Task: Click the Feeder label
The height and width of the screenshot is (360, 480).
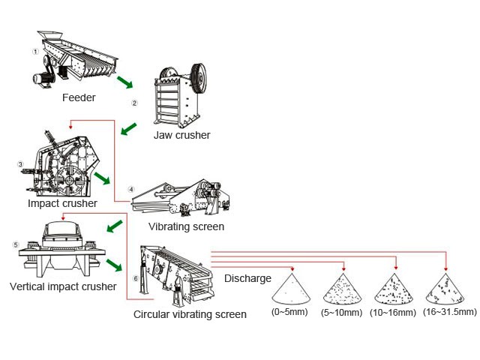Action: coord(79,97)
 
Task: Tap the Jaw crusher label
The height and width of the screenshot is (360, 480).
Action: coord(181,135)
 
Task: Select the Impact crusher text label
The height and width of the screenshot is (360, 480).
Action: coord(62,203)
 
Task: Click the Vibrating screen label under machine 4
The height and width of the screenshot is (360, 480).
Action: coord(186,226)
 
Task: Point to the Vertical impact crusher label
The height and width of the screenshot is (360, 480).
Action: coord(63,286)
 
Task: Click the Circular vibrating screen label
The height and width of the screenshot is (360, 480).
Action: coord(190,314)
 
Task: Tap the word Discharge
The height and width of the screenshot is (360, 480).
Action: coord(247,278)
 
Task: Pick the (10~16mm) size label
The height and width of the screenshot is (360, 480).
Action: coord(392,311)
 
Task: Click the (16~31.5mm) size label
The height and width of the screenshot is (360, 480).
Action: coord(449,311)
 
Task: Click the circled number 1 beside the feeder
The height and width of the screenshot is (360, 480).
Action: coord(35,51)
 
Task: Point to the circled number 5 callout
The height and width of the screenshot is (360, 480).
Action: coord(15,244)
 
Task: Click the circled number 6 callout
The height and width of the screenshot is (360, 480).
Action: coord(134,279)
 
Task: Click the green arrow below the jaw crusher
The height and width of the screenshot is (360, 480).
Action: coord(130,129)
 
